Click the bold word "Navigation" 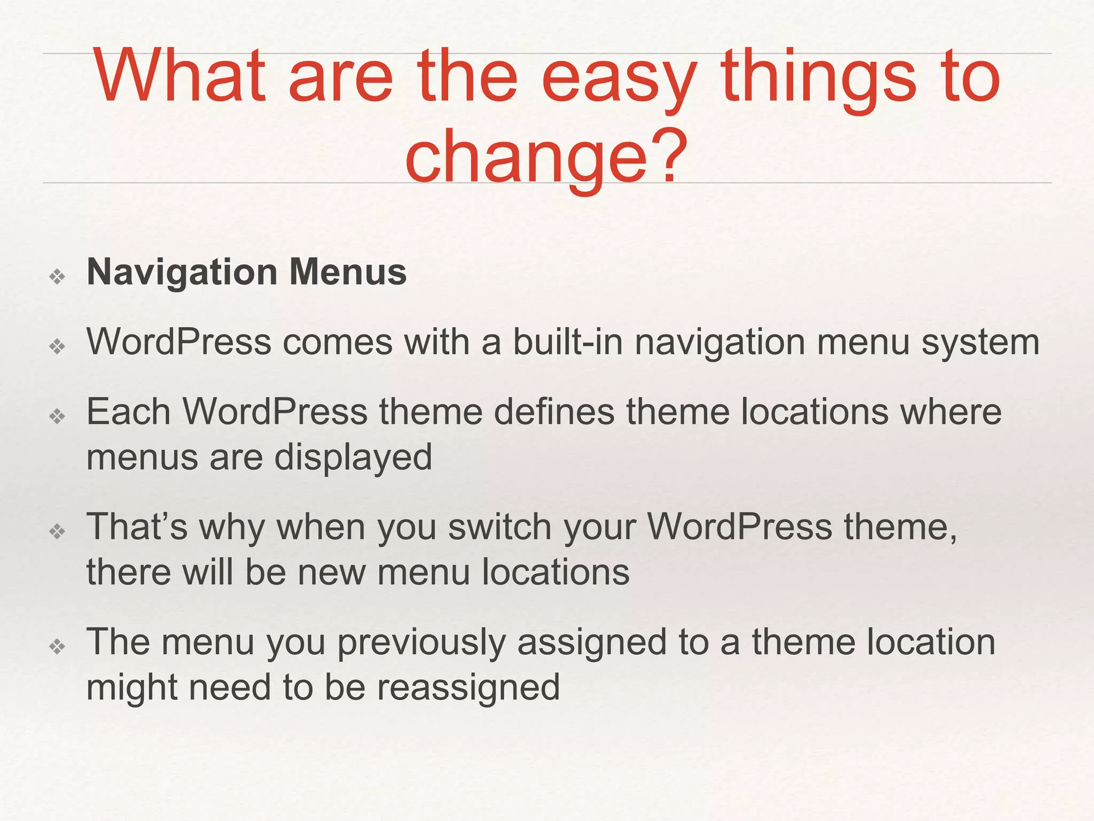coord(182,273)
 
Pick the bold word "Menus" coord(348,272)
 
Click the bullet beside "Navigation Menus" coord(57,276)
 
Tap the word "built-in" coord(568,342)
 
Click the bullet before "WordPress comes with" coord(57,346)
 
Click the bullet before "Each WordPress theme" coord(57,416)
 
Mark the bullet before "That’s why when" coord(57,531)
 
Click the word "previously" coord(421,642)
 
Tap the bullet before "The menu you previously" coord(57,647)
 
